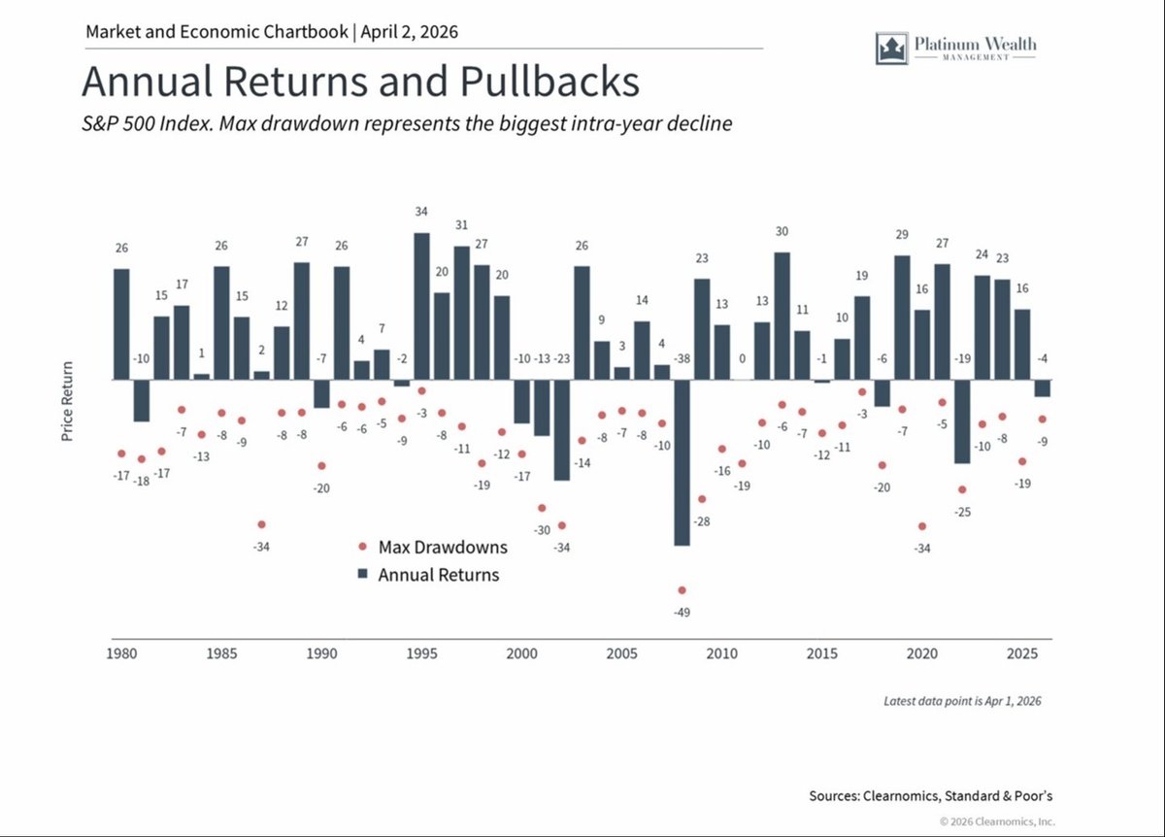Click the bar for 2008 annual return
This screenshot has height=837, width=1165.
[682, 462]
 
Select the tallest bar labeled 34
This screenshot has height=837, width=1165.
[421, 306]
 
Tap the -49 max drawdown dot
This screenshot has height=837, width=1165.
[682, 590]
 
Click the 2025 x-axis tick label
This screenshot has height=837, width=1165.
[1020, 654]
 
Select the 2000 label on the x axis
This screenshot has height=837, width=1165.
[521, 654]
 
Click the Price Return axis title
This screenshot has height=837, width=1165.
[67, 401]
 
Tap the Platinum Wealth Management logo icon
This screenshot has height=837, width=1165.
[890, 48]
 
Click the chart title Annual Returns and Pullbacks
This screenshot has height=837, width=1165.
[360, 82]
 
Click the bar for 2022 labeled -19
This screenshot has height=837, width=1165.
[962, 421]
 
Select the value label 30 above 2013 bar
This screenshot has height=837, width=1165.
[782, 231]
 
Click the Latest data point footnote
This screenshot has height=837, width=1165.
[961, 700]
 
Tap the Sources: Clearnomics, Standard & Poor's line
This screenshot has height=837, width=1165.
[930, 796]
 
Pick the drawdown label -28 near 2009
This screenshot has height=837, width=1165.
[703, 522]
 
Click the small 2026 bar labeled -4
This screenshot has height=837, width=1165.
[1042, 388]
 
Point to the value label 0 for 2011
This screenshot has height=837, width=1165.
[742, 359]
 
